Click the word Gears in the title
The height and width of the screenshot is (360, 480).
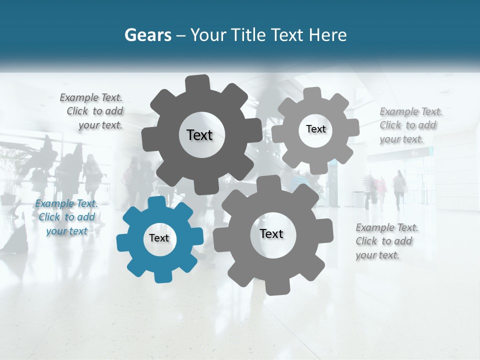click(147, 35)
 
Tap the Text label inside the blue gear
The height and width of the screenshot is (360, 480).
click(159, 238)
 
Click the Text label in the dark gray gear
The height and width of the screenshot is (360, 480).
click(199, 135)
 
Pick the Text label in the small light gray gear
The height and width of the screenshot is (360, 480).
click(315, 129)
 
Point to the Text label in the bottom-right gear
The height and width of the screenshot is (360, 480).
click(271, 233)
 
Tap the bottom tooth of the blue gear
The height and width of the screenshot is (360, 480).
click(162, 276)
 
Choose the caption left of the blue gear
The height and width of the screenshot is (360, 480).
click(66, 217)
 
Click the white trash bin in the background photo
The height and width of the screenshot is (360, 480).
click(358, 199)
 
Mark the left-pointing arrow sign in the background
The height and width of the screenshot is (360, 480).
click(414, 154)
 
